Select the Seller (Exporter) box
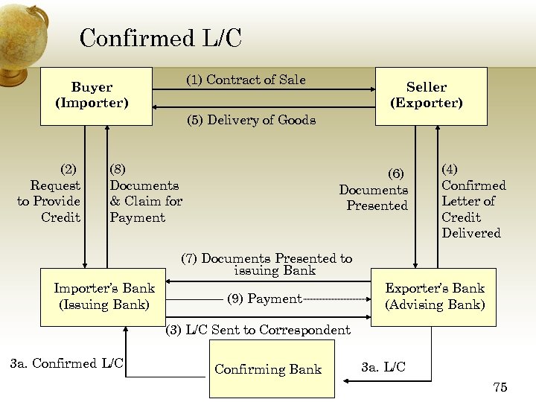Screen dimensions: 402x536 (x=431, y=96)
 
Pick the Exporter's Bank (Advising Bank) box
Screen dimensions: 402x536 (x=434, y=296)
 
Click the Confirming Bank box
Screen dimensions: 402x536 (x=267, y=369)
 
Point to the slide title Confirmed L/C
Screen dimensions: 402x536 (x=160, y=38)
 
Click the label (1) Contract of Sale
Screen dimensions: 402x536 (x=246, y=80)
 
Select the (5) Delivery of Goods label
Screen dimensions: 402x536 (x=251, y=120)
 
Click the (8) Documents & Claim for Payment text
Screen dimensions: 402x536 (x=145, y=194)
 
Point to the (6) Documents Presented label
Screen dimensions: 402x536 (x=374, y=190)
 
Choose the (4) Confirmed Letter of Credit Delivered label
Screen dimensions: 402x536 (x=473, y=201)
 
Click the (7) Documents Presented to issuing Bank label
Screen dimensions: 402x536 (x=267, y=264)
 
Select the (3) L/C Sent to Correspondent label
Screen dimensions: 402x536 (x=258, y=330)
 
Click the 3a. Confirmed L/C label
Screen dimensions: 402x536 (x=66, y=363)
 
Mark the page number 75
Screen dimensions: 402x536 (x=500, y=387)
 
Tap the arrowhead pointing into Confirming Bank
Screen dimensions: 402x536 (x=345, y=380)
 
